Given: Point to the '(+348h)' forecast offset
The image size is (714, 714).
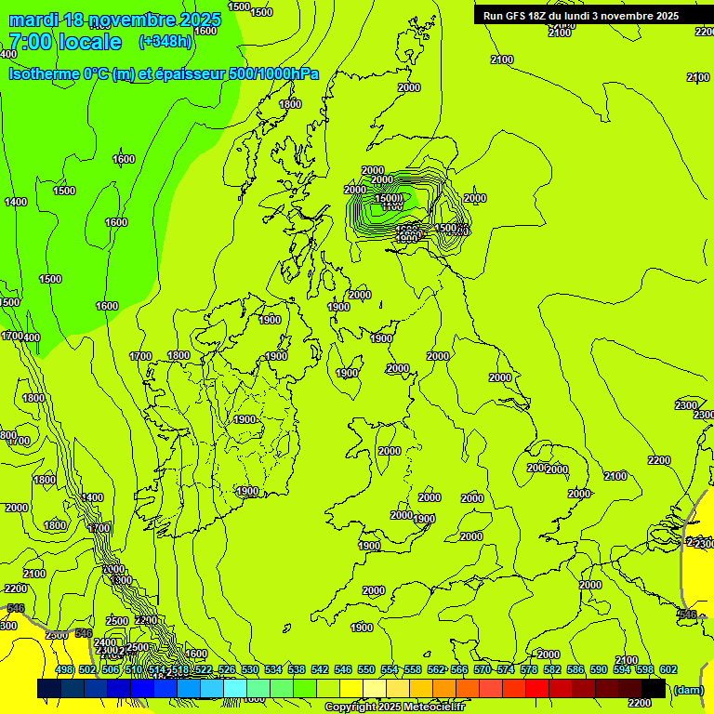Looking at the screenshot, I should (165, 42).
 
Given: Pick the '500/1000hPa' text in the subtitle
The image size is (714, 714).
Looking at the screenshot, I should (274, 73).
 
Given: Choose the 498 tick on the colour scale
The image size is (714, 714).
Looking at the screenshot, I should (64, 669).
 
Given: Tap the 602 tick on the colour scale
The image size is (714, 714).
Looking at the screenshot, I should (668, 669).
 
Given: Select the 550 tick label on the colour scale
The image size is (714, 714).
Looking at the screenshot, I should (366, 669).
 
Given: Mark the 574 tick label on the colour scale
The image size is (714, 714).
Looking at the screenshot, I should (506, 669).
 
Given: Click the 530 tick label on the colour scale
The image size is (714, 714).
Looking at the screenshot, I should (250, 669).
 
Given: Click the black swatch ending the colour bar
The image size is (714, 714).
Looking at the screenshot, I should (654, 689).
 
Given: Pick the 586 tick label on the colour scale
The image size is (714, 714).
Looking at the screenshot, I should (575, 669).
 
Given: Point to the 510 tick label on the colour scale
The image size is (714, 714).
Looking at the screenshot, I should (134, 669).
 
